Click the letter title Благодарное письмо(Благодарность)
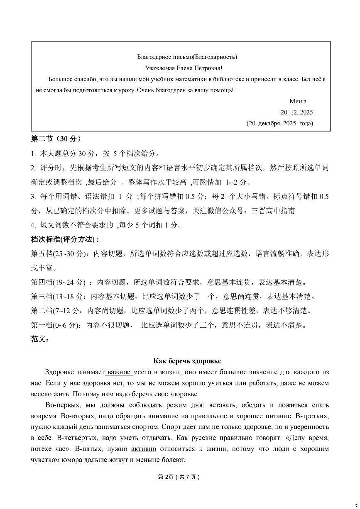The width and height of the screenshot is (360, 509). (187, 57)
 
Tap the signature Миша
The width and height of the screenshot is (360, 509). (298, 101)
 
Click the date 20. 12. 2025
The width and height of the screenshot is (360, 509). (296, 112)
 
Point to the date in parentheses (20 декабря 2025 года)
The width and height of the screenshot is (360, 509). (279, 123)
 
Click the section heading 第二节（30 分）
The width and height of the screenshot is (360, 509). (56, 139)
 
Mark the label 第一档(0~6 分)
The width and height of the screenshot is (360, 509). (56, 325)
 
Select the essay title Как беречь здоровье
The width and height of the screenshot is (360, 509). (187, 361)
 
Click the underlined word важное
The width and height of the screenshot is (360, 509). (119, 372)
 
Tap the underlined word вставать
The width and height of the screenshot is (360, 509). (223, 405)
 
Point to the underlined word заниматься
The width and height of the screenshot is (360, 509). (113, 427)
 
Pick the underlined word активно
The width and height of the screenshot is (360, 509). (144, 449)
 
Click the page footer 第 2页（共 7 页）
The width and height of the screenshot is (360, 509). (179, 477)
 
